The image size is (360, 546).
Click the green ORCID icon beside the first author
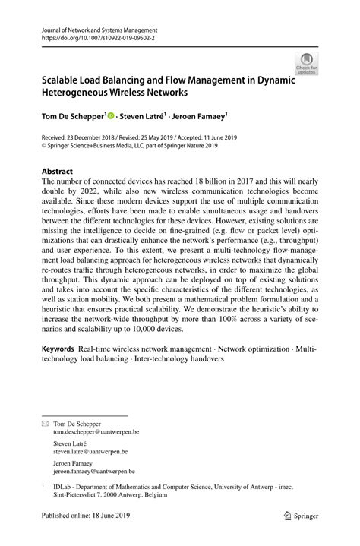click(x=111, y=116)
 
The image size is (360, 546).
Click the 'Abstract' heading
click(x=57, y=172)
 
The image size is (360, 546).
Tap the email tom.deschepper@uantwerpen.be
click(x=96, y=431)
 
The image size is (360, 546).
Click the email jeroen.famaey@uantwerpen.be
click(x=96, y=471)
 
